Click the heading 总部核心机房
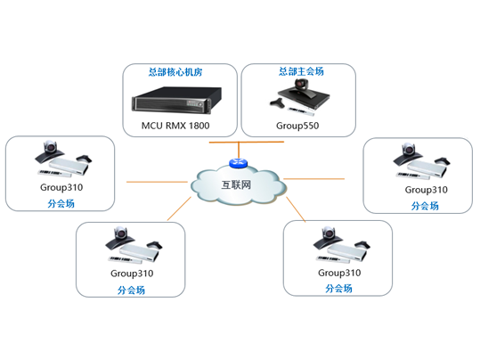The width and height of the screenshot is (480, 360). click(179, 71)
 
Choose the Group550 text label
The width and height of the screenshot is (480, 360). click(299, 126)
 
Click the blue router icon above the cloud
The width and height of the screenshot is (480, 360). click(237, 162)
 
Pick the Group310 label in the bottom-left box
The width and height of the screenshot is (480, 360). click(132, 273)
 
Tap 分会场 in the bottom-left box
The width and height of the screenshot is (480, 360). click(132, 290)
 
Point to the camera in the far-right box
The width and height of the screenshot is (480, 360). click(411, 151)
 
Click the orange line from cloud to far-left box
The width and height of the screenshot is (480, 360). click(156, 183)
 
